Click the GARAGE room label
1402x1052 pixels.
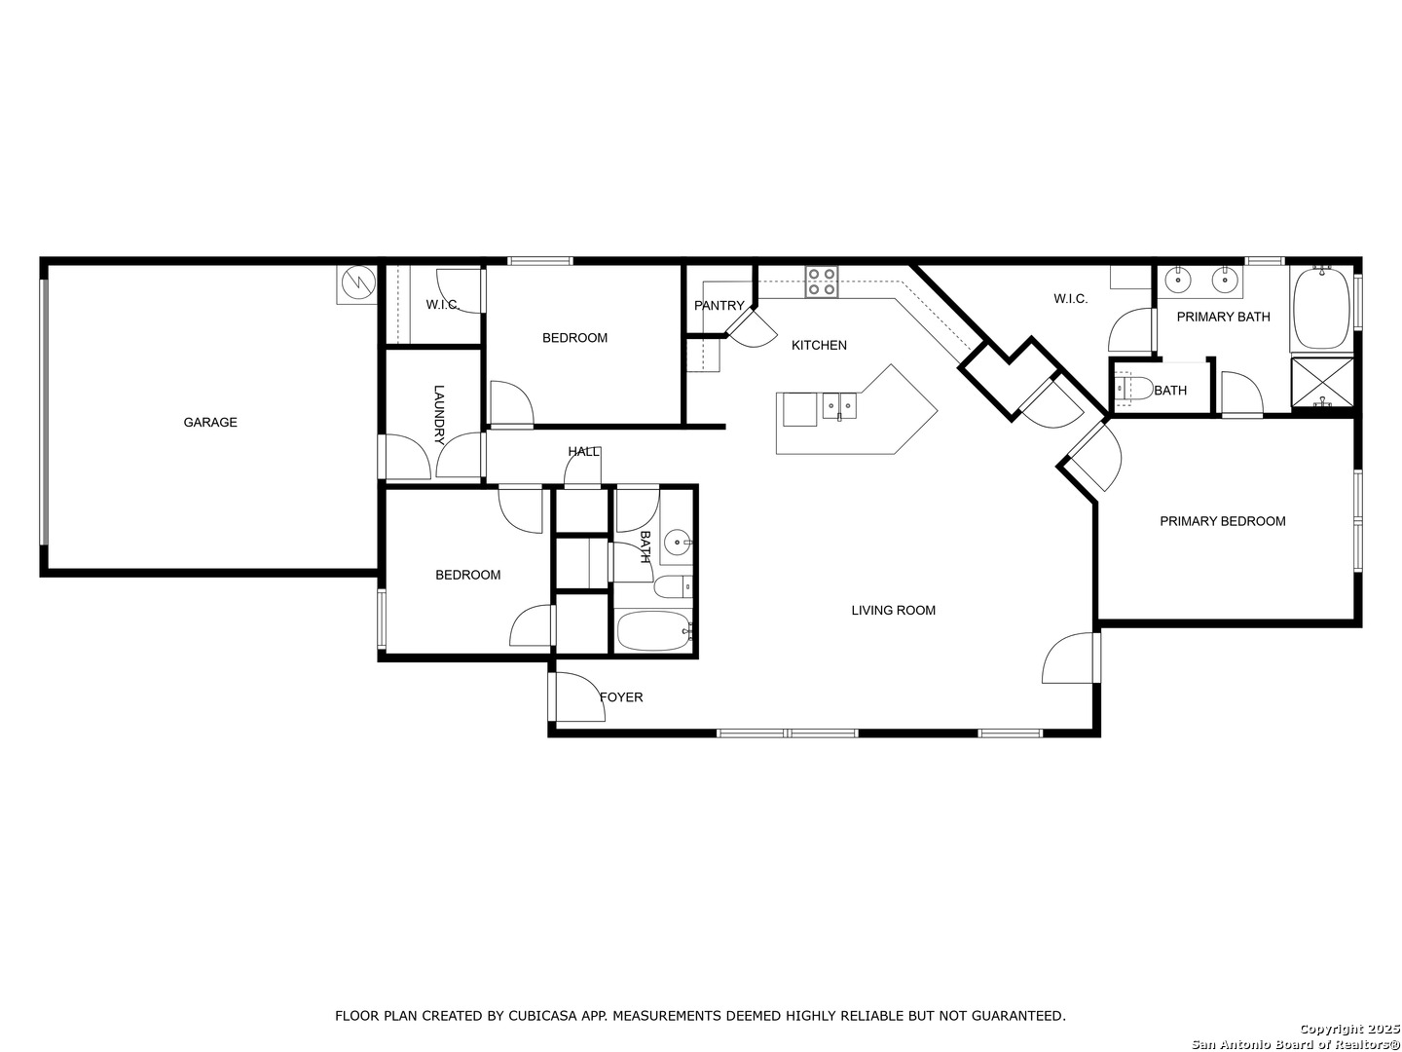click(x=210, y=422)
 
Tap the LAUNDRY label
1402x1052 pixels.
click(x=439, y=415)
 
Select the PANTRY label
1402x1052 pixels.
click(x=719, y=306)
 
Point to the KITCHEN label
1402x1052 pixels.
click(x=819, y=346)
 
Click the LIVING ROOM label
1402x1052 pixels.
click(x=893, y=611)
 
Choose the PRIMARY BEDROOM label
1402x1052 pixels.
click(x=1223, y=521)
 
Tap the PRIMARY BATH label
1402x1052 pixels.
click(x=1223, y=317)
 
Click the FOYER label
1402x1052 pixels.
click(x=621, y=697)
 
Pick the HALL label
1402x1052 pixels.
click(x=584, y=452)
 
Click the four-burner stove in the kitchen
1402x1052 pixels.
click(x=822, y=282)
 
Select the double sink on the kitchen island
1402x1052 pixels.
click(x=839, y=405)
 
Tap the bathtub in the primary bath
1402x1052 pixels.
click(x=1321, y=309)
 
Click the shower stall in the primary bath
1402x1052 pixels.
click(x=1322, y=382)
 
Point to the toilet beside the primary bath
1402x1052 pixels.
click(x=1132, y=389)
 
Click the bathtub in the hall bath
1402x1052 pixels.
click(x=654, y=631)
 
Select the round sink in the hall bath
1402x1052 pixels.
click(x=676, y=544)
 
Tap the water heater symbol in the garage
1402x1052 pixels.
click(x=356, y=283)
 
